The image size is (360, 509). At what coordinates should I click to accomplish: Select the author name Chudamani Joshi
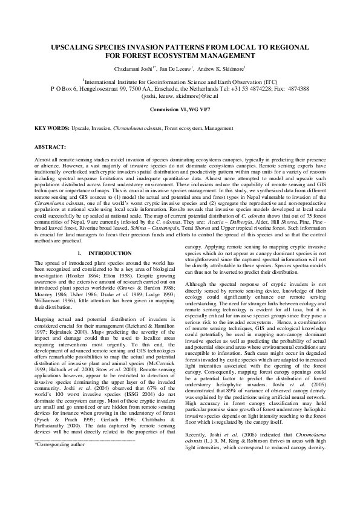click(x=146, y=69)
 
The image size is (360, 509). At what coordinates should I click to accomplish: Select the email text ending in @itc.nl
click(x=180, y=96)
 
